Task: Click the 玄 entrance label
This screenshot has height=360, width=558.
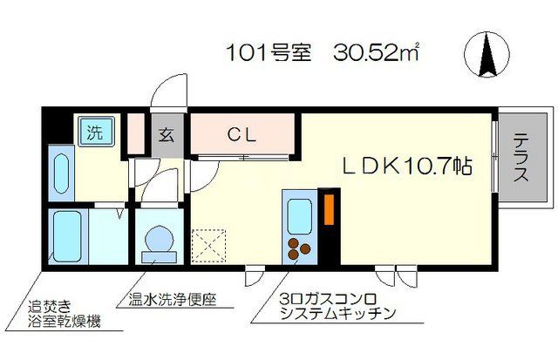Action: coord(167,135)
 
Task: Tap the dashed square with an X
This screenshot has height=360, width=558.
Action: coord(208,245)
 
